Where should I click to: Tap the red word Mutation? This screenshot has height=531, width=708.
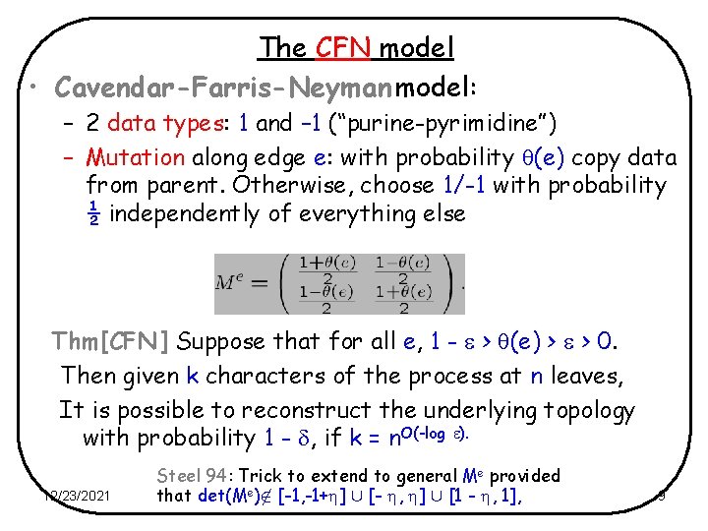[x=136, y=157]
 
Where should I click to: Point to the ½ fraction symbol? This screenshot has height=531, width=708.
[x=93, y=213]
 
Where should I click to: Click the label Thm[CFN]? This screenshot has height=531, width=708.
[x=111, y=342]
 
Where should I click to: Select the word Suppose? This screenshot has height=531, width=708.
[x=224, y=342]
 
